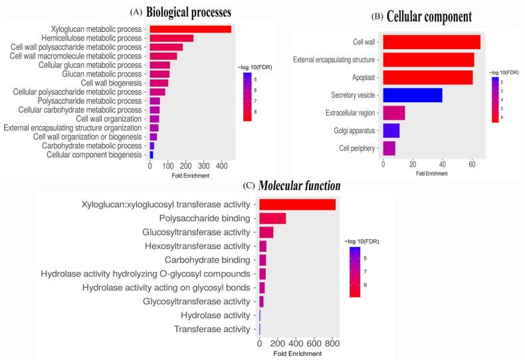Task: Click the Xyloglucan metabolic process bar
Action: [190, 29]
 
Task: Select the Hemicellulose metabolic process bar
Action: [171, 38]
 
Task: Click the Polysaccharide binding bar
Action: [272, 218]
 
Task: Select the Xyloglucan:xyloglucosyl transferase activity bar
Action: [297, 204]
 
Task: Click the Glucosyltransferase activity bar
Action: [266, 232]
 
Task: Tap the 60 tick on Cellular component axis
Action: [471, 164]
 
